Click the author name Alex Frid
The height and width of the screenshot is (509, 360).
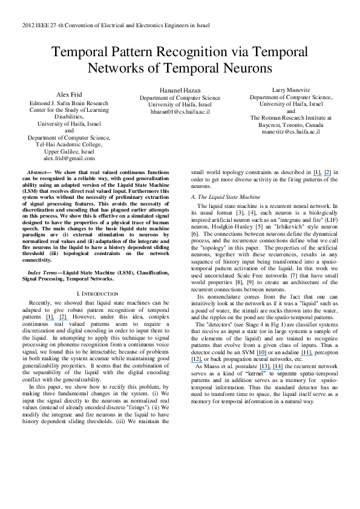coord(69,95)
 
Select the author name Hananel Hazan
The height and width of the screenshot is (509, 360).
coord(180,90)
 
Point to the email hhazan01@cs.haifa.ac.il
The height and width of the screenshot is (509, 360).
coord(180,112)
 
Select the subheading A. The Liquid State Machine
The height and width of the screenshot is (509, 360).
coord(225,198)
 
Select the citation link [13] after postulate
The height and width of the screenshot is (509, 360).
coord(264,366)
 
